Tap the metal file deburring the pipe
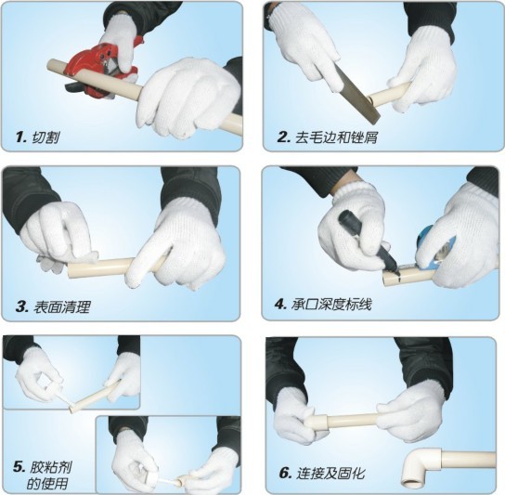356,94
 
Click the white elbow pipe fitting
419,467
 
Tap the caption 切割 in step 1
45,138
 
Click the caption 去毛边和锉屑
336,137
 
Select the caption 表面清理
61,306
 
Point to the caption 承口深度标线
331,305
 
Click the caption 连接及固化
331,474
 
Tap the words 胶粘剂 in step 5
51,467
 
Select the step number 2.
284,137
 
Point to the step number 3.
22,306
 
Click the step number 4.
280,305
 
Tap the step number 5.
19,467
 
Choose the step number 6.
285,474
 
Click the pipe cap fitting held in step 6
317,423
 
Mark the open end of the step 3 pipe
70,270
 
